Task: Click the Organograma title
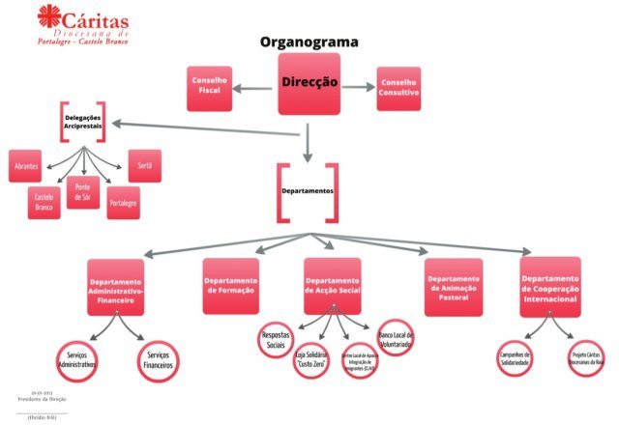(x=309, y=42)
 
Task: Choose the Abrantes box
(x=26, y=166)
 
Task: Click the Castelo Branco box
(x=44, y=202)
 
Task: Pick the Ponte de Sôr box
(x=82, y=190)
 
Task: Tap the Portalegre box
(x=123, y=202)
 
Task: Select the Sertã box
(x=144, y=165)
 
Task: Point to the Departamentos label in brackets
(x=308, y=191)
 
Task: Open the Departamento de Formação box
(x=230, y=286)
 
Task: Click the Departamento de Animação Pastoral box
(x=454, y=286)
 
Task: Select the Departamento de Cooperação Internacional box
(x=550, y=286)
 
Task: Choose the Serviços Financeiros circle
(x=158, y=362)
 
